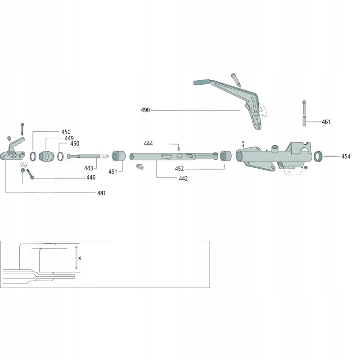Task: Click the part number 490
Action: click(x=145, y=110)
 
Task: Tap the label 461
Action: click(x=326, y=122)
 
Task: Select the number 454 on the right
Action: click(x=346, y=157)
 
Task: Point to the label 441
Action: click(x=101, y=193)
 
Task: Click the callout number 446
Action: click(x=91, y=178)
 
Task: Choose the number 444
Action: click(x=148, y=144)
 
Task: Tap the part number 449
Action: click(x=69, y=138)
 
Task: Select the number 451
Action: click(x=112, y=171)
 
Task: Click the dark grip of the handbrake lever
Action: click(x=202, y=82)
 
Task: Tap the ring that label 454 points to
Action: click(x=319, y=157)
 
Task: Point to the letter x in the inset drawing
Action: click(x=80, y=258)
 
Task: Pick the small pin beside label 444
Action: click(x=178, y=148)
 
